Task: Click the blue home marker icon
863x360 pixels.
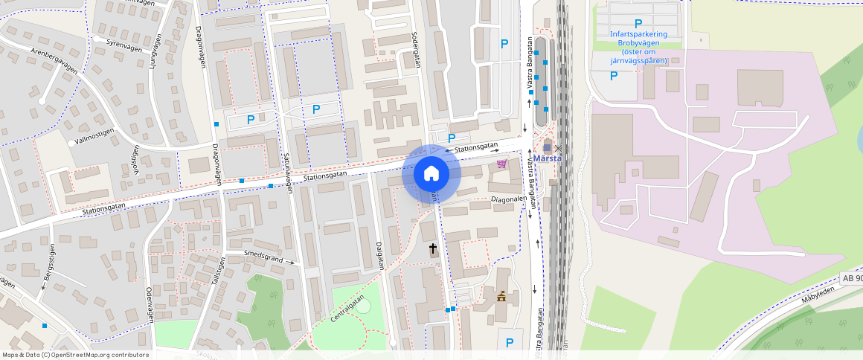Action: (x=431, y=174)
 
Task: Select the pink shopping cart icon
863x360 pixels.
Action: (x=502, y=164)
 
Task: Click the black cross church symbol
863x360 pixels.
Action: (x=433, y=248)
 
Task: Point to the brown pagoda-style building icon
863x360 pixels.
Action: (x=501, y=297)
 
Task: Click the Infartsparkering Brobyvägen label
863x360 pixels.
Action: (x=638, y=48)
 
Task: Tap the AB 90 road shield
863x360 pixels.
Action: (x=851, y=278)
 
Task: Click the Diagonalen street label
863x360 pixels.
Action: (x=509, y=199)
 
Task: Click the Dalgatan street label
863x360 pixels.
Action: (x=379, y=257)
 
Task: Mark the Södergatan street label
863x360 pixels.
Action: (x=416, y=50)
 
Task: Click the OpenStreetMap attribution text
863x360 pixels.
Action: (x=76, y=355)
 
